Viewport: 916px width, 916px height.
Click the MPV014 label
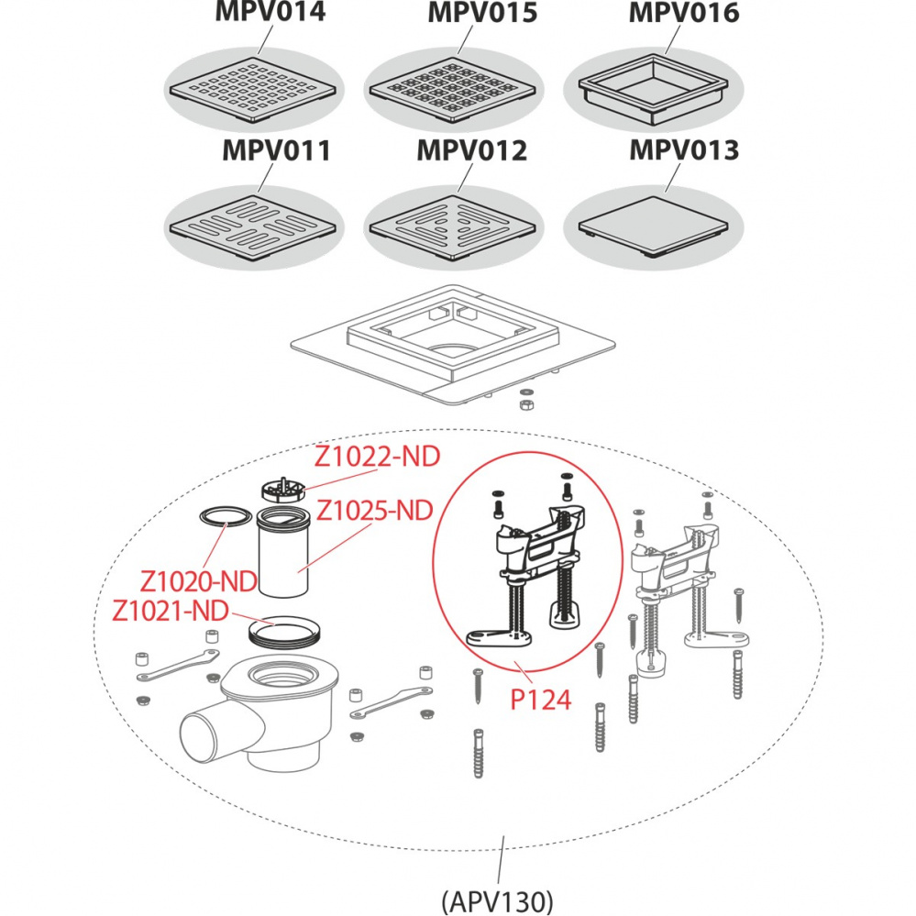[270, 14]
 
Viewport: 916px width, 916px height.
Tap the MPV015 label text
[482, 14]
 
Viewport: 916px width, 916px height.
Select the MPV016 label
[684, 14]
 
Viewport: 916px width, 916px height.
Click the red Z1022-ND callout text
[378, 457]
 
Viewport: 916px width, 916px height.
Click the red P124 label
[540, 701]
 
